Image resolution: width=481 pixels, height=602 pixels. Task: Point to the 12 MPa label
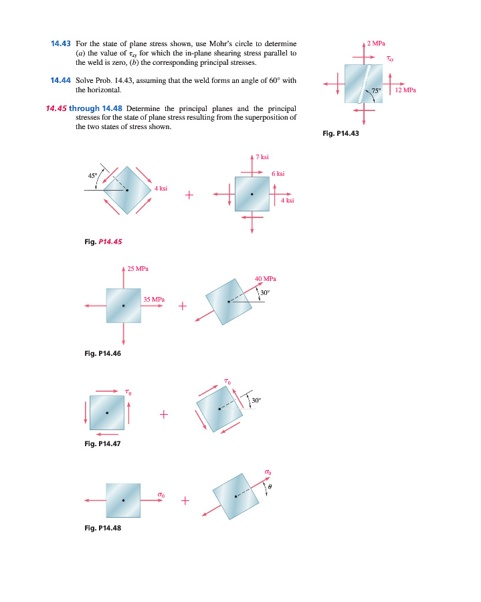[x=406, y=90]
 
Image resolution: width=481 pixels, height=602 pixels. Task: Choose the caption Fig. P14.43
[x=341, y=133]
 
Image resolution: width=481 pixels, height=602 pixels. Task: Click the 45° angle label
[x=93, y=175]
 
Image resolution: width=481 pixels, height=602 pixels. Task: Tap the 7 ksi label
[x=262, y=157]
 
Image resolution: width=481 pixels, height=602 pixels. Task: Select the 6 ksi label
[x=278, y=173]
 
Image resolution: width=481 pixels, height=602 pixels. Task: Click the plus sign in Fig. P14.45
[x=190, y=195]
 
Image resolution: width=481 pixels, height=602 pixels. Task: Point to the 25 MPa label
[x=138, y=269]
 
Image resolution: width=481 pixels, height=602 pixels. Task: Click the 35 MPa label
[x=154, y=299]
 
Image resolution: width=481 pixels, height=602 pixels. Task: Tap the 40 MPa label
[x=266, y=278]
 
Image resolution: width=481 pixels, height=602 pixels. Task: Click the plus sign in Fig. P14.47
[x=163, y=415]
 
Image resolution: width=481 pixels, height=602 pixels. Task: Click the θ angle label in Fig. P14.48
[x=270, y=487]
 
